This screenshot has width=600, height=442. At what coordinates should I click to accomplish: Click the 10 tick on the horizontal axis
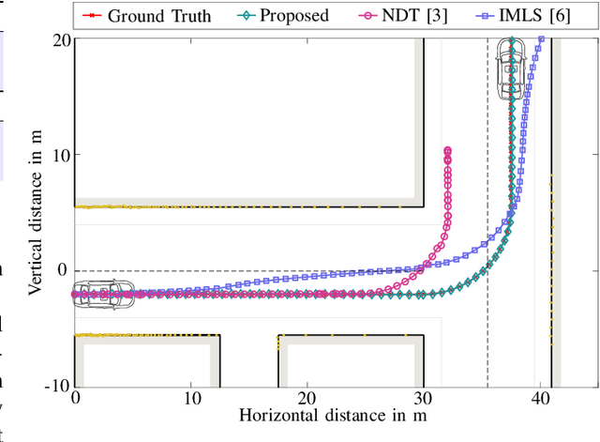tap(190, 398)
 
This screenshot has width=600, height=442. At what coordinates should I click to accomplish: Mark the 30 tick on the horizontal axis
tap(422, 398)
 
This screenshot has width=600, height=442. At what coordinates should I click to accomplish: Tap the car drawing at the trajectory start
tap(104, 294)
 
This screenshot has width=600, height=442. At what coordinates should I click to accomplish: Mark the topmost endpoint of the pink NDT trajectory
tap(447, 150)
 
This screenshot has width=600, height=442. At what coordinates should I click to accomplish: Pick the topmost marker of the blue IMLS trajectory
tap(541, 39)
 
